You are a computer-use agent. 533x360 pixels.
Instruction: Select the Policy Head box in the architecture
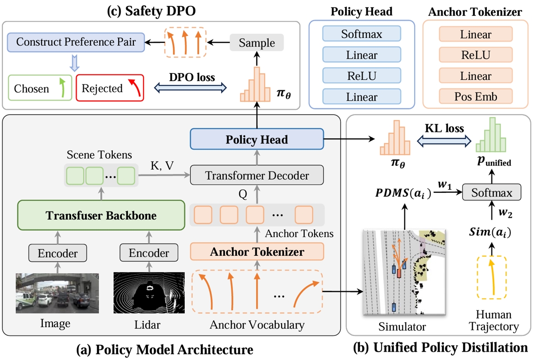pos(256,139)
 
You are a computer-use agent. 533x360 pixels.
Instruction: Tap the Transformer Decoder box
pos(257,175)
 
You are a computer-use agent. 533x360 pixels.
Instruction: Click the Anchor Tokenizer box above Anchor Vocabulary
pos(257,252)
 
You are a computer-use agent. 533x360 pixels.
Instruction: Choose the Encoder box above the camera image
pos(57,253)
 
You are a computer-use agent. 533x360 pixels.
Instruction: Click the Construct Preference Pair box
pos(76,42)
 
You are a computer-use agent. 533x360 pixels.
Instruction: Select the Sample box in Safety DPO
pos(257,43)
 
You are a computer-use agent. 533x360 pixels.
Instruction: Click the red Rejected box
pos(109,88)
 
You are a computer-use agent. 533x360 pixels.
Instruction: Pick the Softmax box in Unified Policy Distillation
pos(491,192)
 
